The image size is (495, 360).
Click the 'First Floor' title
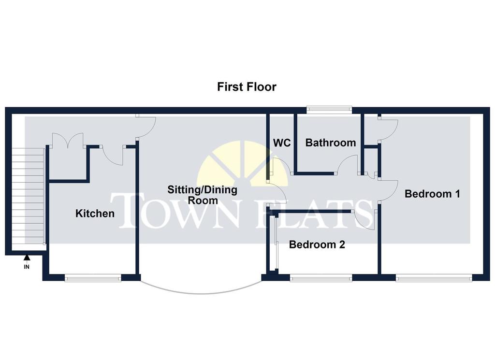point(247,87)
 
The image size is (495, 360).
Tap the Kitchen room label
point(95,214)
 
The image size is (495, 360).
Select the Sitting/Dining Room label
point(203,195)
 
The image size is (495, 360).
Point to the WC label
point(282,143)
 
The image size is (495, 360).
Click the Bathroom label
point(331,143)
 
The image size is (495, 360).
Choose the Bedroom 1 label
point(432,193)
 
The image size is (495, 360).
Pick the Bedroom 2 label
point(317,245)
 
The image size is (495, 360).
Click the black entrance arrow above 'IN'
point(27,258)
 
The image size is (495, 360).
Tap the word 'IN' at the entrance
point(27,267)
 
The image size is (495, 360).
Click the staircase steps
point(28,196)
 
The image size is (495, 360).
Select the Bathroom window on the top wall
point(329,109)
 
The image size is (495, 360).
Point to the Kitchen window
point(93,278)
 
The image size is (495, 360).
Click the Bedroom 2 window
point(321,278)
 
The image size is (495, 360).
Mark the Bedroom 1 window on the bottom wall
point(434,278)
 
